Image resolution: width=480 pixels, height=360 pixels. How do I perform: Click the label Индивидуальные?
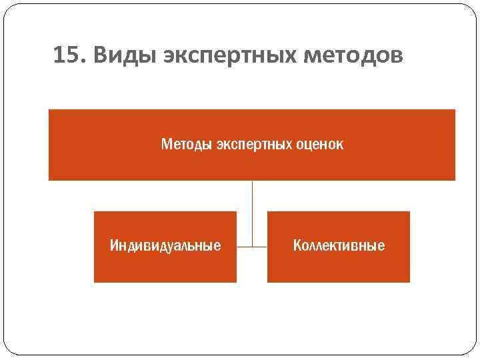(x=165, y=246)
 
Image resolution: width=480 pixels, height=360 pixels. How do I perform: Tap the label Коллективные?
(x=339, y=246)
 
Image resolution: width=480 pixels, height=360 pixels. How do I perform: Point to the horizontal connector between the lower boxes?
(x=260, y=247)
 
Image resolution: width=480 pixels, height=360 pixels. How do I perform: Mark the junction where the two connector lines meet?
(x=252, y=247)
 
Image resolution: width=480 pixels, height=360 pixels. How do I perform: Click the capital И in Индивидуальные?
(x=114, y=246)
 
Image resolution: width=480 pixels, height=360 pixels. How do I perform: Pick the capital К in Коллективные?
(x=297, y=246)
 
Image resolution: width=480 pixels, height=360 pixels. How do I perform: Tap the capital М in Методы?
(x=166, y=144)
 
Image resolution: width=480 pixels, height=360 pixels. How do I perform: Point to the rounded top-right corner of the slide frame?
(x=469, y=13)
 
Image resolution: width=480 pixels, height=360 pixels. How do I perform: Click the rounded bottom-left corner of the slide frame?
(x=11, y=347)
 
